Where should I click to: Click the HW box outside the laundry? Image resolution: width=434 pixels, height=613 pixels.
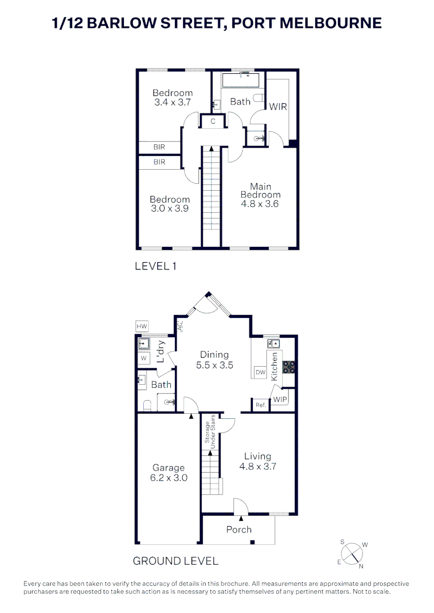141,326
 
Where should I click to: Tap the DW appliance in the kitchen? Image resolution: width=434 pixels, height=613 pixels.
261,372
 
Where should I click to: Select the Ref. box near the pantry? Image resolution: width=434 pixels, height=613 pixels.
261,405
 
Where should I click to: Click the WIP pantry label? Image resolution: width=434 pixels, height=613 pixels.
281,400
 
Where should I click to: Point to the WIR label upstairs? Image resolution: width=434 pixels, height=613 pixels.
278,107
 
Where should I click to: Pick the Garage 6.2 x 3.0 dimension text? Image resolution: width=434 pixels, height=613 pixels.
169,478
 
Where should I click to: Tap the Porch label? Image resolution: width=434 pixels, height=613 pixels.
239,530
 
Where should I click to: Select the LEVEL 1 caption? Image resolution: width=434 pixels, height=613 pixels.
155,266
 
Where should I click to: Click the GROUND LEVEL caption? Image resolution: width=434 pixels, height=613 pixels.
176,561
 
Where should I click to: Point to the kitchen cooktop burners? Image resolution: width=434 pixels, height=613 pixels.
289,367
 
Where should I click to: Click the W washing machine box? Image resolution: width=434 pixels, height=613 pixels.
144,359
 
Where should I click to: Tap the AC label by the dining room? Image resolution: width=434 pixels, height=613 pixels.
180,326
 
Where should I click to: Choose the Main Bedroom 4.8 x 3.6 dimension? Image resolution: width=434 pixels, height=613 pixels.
260,204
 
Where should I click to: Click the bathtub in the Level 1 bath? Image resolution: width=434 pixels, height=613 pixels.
240,79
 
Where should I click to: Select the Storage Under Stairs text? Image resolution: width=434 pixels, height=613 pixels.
210,433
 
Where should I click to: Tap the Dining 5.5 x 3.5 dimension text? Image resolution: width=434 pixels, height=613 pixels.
215,366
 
